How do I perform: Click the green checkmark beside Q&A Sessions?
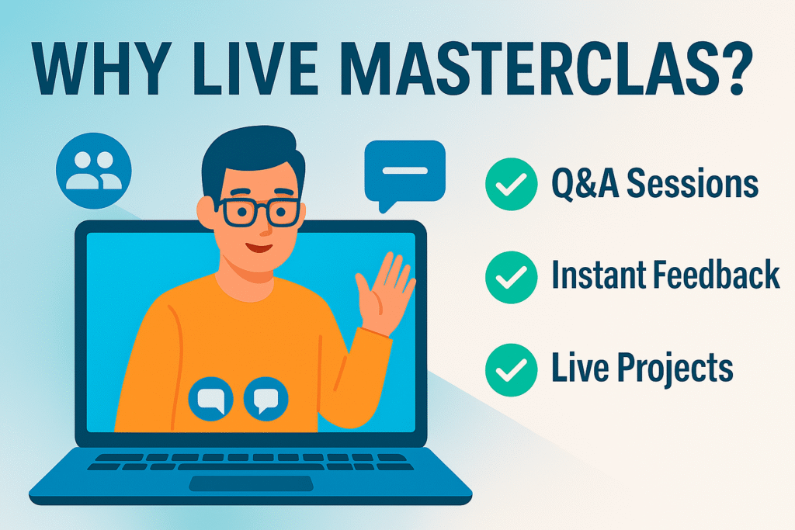pos(511,184)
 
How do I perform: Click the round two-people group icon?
pos(93,171)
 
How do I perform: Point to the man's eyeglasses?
pos(259,212)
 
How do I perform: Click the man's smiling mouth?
pos(259,246)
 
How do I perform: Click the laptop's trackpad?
pos(251,484)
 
